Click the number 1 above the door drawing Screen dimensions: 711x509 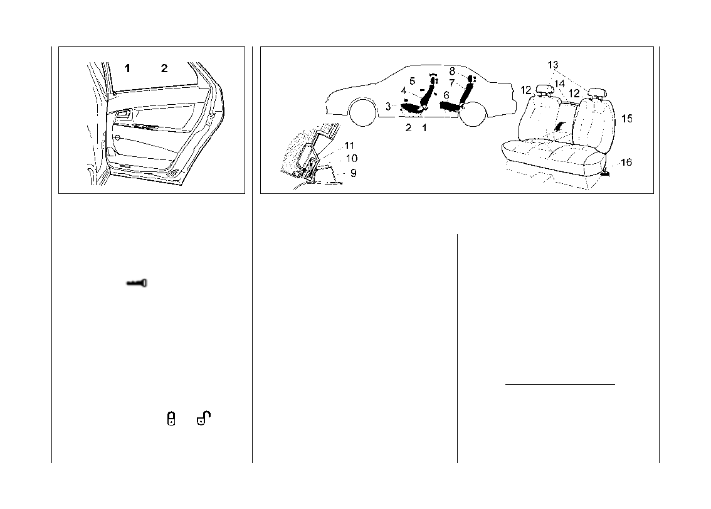point(127,68)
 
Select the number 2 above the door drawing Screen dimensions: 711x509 point(164,68)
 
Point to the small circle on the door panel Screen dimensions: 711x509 point(117,137)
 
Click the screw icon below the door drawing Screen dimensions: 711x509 point(137,284)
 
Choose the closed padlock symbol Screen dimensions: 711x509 point(171,419)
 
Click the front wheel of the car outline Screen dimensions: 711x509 point(361,112)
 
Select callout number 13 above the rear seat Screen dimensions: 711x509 point(552,65)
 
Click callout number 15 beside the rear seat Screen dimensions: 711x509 point(626,118)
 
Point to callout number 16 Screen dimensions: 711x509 point(626,163)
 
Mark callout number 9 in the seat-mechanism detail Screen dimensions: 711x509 point(354,173)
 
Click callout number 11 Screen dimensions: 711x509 point(349,146)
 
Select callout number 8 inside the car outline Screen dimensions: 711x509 point(451,72)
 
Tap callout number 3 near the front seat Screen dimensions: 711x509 point(388,107)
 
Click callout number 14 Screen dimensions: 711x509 point(560,83)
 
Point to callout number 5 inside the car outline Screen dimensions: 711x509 point(412,81)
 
